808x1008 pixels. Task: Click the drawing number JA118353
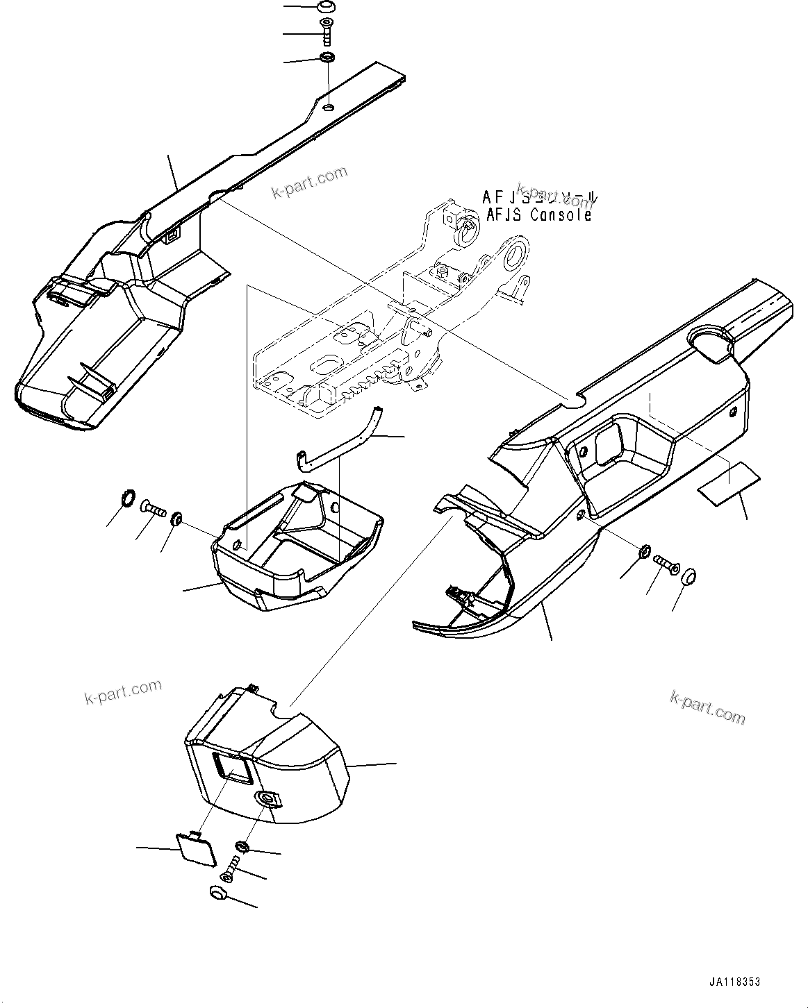(x=734, y=982)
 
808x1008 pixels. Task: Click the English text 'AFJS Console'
(x=538, y=215)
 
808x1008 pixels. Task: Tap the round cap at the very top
(x=326, y=7)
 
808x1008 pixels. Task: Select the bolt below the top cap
(x=327, y=31)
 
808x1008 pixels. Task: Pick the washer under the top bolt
(x=327, y=58)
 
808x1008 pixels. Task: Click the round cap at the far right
(x=690, y=578)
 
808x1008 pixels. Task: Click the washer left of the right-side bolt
(x=645, y=552)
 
